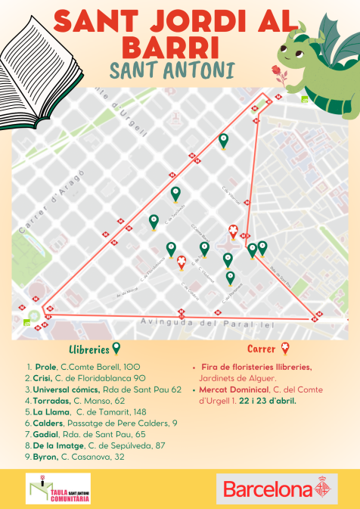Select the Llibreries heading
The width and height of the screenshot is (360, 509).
click(88, 349)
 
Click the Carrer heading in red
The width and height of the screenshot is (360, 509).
click(262, 349)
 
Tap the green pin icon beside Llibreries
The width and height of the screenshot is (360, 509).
click(116, 349)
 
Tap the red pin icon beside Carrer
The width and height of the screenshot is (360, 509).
click(285, 349)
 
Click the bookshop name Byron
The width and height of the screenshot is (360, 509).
click(45, 457)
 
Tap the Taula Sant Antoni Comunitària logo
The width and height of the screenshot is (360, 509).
click(57, 489)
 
